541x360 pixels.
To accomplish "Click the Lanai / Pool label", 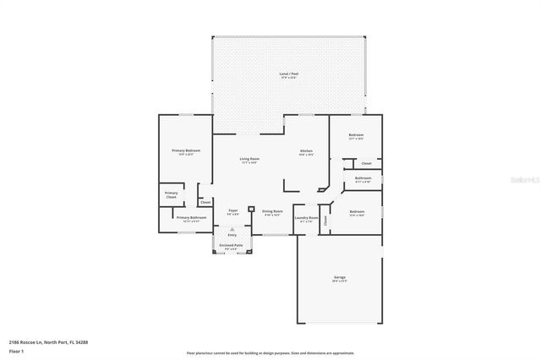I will [x=288, y=74].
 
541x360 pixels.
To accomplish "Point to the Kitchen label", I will [x=306, y=151].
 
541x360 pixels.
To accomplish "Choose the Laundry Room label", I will [x=306, y=218].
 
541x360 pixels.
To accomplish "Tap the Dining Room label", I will [x=272, y=211].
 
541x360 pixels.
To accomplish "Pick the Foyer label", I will [x=233, y=210].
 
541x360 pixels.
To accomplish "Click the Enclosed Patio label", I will [x=232, y=245].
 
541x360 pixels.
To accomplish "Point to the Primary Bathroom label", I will [x=192, y=218].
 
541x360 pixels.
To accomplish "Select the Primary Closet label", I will [x=171, y=194].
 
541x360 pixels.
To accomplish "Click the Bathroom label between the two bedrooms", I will [x=363, y=178].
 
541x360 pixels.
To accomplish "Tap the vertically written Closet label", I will [x=325, y=221].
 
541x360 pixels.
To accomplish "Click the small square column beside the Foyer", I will [x=251, y=208].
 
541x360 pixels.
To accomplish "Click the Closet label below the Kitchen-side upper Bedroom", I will [x=366, y=163].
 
